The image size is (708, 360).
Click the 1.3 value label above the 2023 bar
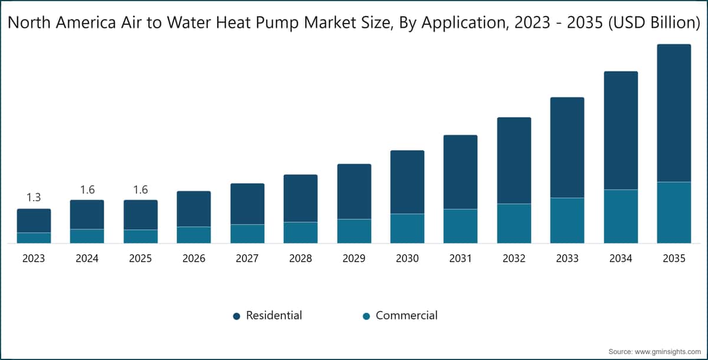tap(34, 197)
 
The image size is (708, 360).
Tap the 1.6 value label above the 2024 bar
tap(87, 189)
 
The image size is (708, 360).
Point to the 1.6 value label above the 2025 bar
tap(140, 189)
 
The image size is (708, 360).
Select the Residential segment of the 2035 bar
tap(674, 113)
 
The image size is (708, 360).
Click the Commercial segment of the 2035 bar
tap(674, 212)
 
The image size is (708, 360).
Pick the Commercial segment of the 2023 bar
tap(34, 238)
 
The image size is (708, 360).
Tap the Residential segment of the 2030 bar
tap(408, 182)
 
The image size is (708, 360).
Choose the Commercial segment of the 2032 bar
tap(514, 224)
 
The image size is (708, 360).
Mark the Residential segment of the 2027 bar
tap(247, 204)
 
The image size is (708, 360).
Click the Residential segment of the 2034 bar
tap(621, 130)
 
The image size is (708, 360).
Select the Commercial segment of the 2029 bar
tap(355, 231)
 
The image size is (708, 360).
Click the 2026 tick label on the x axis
tap(194, 258)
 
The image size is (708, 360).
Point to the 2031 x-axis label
tap(461, 258)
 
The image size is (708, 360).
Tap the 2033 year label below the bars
tap(568, 258)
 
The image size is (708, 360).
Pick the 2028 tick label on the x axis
tap(300, 258)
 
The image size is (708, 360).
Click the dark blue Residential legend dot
tap(237, 316)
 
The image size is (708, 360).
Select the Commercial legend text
tap(407, 315)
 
